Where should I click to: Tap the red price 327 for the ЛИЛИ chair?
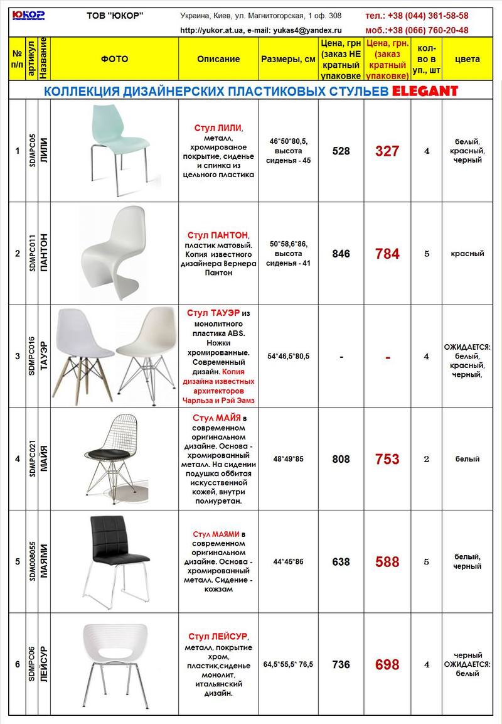387,151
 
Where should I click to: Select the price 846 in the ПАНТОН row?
341,254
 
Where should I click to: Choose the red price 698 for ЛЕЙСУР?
387,664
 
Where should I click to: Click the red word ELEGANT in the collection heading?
425,91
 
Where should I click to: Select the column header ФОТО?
114,59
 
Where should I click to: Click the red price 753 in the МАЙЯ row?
387,459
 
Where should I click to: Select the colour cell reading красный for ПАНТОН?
467,254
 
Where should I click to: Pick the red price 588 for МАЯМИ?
387,562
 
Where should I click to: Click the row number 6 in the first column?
18,664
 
